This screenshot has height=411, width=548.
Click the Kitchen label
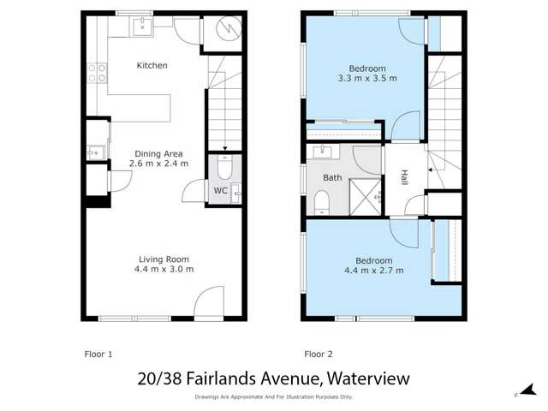point(152,66)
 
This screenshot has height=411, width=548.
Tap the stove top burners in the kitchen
point(101,73)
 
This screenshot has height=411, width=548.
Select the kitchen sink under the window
point(141,27)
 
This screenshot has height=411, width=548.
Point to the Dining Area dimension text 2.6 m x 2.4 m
point(158,163)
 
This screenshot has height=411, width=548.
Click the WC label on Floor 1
point(220,190)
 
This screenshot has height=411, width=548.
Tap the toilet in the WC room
point(223,166)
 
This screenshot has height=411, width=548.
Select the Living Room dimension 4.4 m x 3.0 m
point(164,269)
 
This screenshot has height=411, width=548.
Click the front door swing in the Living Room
point(208,302)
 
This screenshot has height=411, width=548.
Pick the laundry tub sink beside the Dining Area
point(93,153)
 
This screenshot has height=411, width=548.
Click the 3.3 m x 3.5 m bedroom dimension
point(366,79)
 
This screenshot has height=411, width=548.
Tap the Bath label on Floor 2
point(332,178)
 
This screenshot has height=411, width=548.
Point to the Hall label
point(404,178)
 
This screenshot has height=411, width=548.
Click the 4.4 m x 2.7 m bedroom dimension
point(373,271)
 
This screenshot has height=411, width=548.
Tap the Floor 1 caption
point(98,354)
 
